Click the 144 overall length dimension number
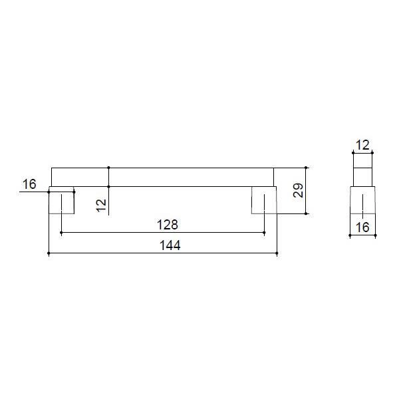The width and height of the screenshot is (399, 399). click(170, 245)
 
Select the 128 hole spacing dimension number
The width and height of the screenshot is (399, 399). click(168, 225)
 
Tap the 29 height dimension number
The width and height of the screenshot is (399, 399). click(298, 190)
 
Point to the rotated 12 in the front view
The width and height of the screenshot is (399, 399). click(101, 205)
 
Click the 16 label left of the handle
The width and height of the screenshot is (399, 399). click(29, 184)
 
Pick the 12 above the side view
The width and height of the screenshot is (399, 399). click(362, 145)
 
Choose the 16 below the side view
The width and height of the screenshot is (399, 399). click(362, 227)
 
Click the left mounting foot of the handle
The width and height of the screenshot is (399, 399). click(61, 200)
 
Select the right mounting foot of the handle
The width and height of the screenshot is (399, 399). click(264, 200)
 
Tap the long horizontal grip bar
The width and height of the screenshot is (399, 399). click(163, 177)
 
